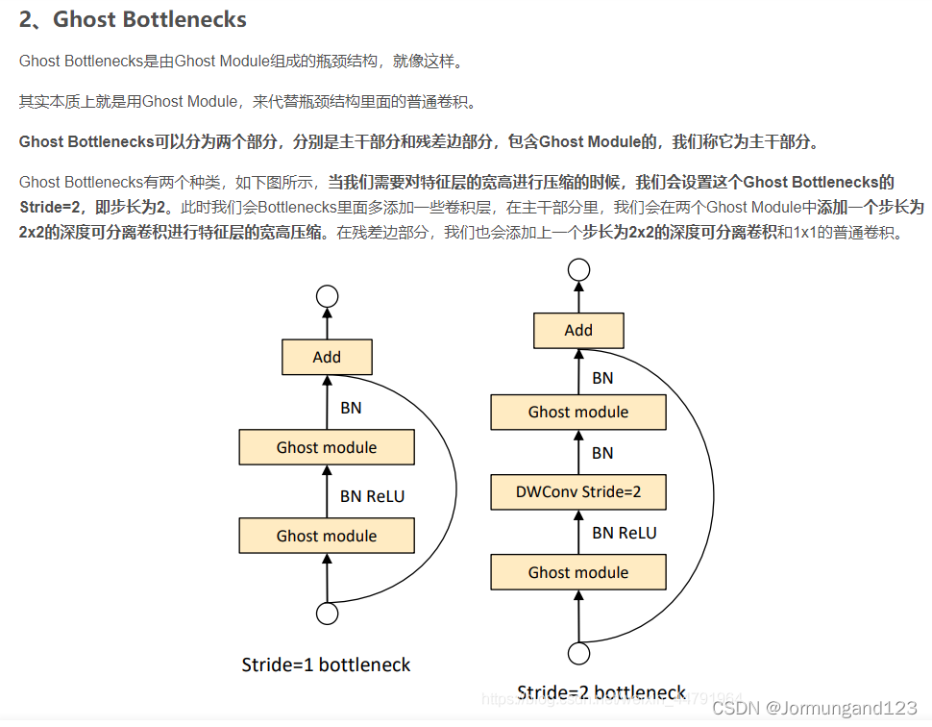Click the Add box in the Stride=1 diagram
pos(327,357)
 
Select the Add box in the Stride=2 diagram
pos(578,330)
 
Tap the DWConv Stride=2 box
pos(578,492)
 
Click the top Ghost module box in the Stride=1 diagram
pos(327,447)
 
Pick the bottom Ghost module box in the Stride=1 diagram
pos(327,536)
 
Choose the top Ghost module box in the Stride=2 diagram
pos(578,412)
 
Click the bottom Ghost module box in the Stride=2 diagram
pos(578,572)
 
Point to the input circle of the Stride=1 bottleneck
pos(327,614)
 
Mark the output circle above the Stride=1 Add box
pos(327,296)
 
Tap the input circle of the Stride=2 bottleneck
pos(578,654)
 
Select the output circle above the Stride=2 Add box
pos(578,270)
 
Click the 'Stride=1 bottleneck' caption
pos(326,664)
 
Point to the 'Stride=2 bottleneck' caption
pos(601,692)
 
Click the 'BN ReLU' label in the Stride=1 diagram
pos(373,496)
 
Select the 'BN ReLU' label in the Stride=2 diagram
pos(625,532)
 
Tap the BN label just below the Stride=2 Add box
pos(602,378)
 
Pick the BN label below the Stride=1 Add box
pos(351,408)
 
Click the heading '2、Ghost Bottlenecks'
pos(133,19)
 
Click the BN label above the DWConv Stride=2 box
pos(602,452)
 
